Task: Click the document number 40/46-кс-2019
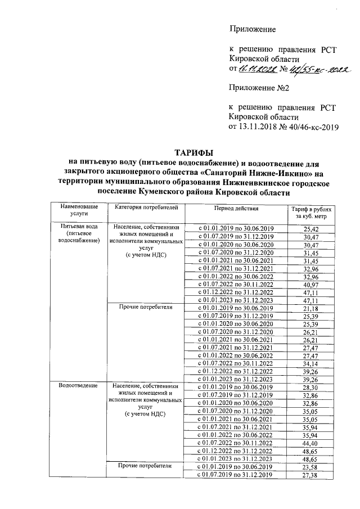coord(310,127)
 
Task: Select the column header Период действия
coord(236,208)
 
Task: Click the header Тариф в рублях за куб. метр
coord(310,212)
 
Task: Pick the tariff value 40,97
coord(310,285)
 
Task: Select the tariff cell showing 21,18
coord(310,308)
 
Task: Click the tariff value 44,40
coord(310,443)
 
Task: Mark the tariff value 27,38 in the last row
coord(310,476)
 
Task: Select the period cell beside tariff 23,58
coord(236,467)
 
